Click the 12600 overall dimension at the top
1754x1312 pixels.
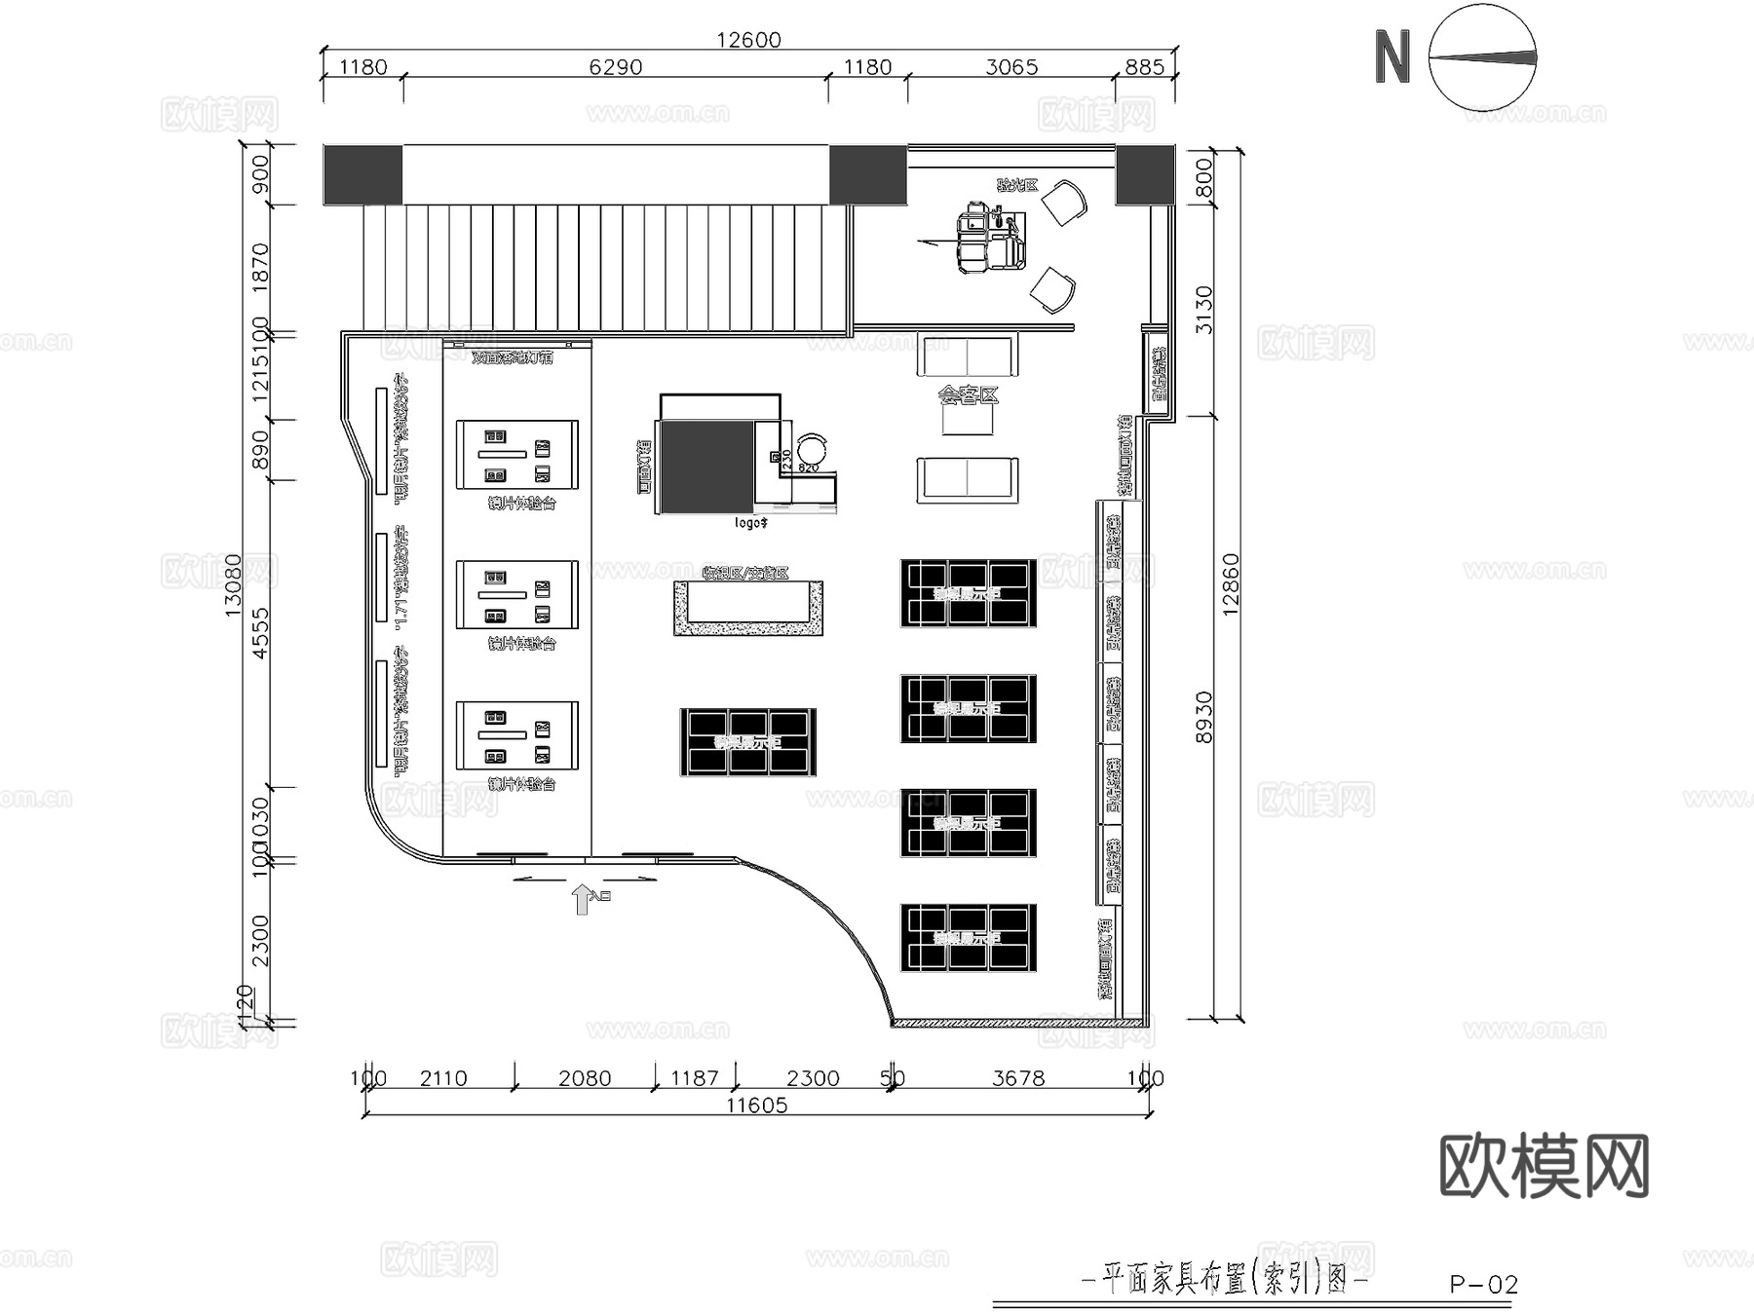748,40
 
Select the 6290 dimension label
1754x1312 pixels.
616,67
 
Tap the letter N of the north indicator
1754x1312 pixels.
1392,57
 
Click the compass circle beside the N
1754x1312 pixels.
1482,57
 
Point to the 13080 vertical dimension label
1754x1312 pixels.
233,584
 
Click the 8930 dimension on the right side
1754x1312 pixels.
1204,717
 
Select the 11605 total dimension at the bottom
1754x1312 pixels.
756,1106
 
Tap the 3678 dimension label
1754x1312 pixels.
1018,1078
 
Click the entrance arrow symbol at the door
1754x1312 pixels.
582,899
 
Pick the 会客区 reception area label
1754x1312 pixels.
968,394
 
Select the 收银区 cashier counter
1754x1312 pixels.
748,608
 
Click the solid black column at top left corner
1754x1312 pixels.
362,174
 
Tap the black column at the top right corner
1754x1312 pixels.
1145,174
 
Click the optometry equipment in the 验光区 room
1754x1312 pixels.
989,237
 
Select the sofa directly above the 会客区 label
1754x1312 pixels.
967,355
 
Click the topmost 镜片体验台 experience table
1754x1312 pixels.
516,455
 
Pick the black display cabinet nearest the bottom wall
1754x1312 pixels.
968,938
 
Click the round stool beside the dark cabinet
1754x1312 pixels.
811,449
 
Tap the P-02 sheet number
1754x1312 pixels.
1483,1285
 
